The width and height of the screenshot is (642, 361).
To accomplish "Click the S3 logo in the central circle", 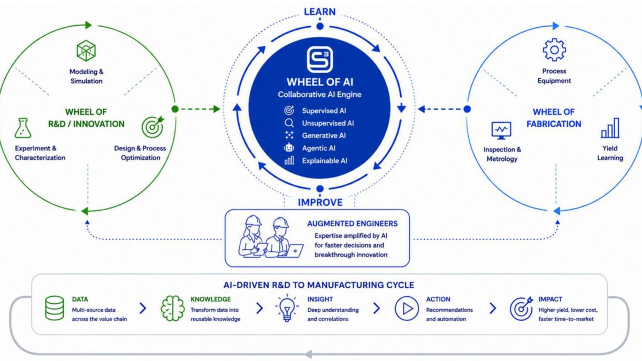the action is pyautogui.click(x=320, y=59).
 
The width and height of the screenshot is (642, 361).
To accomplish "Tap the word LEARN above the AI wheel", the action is pyautogui.click(x=319, y=12).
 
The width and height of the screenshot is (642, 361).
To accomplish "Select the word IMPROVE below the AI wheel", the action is pyautogui.click(x=320, y=202).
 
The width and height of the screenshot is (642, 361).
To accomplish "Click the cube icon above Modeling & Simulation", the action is pyautogui.click(x=86, y=51).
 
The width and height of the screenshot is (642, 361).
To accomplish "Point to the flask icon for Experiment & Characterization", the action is pyautogui.click(x=23, y=128).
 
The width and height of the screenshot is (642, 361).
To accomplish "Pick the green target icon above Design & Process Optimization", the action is pyautogui.click(x=153, y=127).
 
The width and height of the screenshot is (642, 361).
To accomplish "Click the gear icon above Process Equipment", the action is pyautogui.click(x=554, y=50).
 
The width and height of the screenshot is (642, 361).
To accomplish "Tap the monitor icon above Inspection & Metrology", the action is pyautogui.click(x=501, y=130).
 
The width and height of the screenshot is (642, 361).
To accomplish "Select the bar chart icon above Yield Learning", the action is pyautogui.click(x=610, y=128).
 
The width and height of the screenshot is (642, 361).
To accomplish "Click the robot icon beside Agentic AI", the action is pyautogui.click(x=289, y=148).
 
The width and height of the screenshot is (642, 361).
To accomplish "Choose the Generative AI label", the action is pyautogui.click(x=324, y=135).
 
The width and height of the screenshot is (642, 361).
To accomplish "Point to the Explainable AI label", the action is pyautogui.click(x=324, y=161).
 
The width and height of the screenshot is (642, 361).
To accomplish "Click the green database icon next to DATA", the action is pyautogui.click(x=55, y=308).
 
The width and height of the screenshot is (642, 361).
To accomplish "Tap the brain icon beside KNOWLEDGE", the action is pyautogui.click(x=172, y=308).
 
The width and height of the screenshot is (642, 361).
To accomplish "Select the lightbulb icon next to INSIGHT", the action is pyautogui.click(x=287, y=308).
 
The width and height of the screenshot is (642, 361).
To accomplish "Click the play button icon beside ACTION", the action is pyautogui.click(x=407, y=308).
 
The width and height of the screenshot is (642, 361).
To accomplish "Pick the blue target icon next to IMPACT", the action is pyautogui.click(x=521, y=308).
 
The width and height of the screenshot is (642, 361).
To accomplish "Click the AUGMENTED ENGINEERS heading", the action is pyautogui.click(x=352, y=224).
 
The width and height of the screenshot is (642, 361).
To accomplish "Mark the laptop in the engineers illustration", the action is pyautogui.click(x=292, y=251).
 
